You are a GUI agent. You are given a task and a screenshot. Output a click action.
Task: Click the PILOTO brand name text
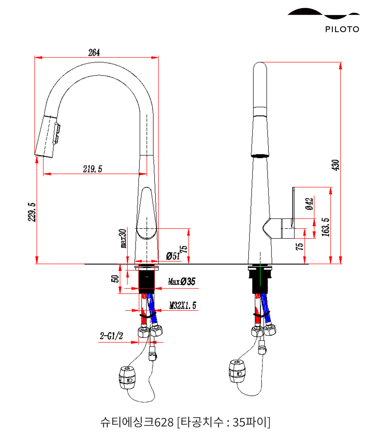(342, 29)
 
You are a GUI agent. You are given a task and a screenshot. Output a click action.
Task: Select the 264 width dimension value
(94, 53)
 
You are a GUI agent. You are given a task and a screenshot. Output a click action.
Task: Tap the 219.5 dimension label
(92, 169)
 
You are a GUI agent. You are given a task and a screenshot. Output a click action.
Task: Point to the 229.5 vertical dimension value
(32, 212)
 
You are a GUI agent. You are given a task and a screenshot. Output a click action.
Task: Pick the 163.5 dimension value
(325, 227)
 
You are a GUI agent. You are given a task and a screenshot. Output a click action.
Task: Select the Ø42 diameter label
(309, 204)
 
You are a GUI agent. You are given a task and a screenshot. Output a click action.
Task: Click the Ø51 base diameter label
(173, 256)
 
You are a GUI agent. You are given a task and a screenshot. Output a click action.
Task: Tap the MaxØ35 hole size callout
(182, 281)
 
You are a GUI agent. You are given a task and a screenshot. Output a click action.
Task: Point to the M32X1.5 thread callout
(183, 305)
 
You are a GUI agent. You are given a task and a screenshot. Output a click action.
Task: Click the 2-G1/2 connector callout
(111, 336)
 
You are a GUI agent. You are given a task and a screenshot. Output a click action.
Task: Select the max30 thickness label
(123, 238)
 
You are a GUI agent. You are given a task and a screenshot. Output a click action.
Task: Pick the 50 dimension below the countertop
(115, 279)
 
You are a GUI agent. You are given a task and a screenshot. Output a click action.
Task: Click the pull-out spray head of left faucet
(47, 136)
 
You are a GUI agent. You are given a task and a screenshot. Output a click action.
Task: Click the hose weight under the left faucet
(127, 378)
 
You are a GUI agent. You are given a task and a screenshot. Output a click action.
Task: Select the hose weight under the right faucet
(237, 371)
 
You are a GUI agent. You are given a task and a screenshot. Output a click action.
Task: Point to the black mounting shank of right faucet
(261, 281)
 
